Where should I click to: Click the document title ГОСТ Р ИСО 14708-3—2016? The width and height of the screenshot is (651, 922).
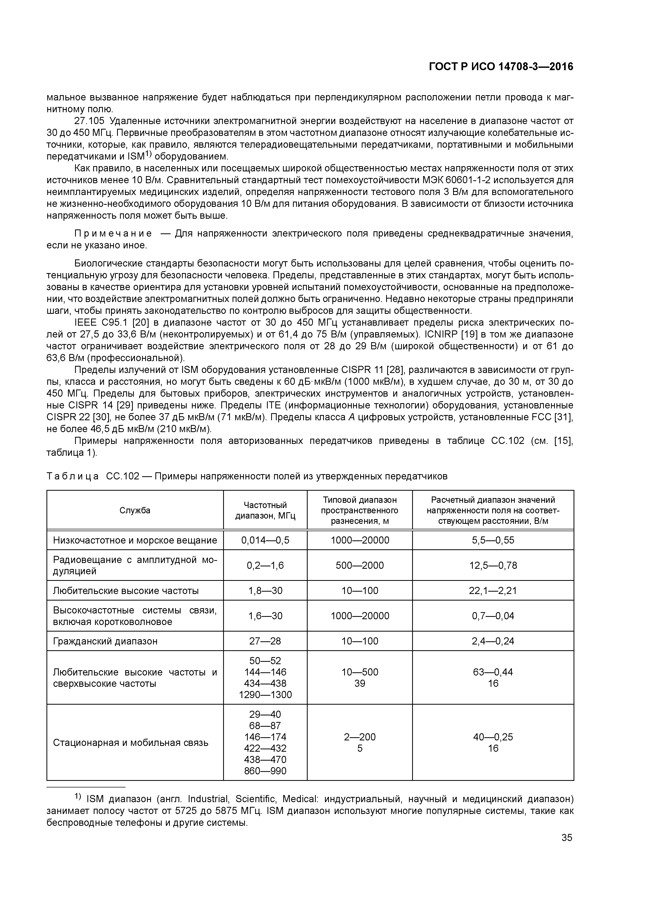501,67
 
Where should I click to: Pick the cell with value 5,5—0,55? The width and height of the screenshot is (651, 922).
493,540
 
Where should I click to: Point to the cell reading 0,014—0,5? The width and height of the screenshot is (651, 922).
265,540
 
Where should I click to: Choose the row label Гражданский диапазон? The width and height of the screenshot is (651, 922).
105,641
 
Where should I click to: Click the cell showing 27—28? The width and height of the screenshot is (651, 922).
265,641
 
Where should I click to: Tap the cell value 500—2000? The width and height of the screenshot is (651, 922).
359,565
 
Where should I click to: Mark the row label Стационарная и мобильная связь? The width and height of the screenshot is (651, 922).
130,742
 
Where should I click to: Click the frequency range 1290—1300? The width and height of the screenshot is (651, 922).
265,695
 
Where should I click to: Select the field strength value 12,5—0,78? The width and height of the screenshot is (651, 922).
493,565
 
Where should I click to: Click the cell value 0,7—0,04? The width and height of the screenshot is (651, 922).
493,616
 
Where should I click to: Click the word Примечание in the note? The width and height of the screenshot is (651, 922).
113,234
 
